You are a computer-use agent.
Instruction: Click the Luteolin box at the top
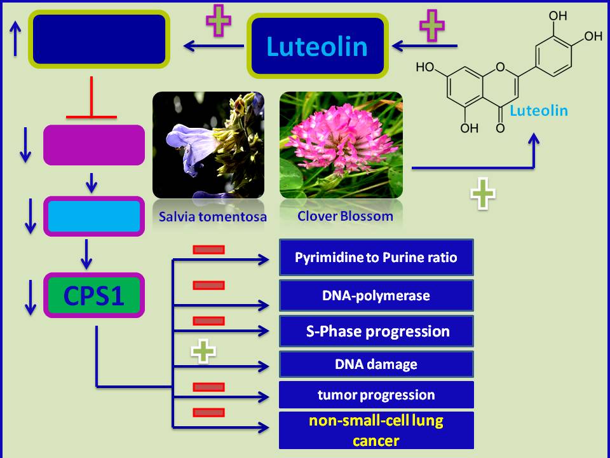(x=317, y=46)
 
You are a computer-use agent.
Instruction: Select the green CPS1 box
(x=93, y=296)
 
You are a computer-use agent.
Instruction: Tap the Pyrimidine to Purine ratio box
(x=376, y=258)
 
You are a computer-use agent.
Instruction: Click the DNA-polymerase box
(x=376, y=295)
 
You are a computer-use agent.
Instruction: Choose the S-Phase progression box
(x=376, y=331)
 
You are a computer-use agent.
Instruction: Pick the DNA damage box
(x=376, y=364)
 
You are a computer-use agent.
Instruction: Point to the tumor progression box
(x=376, y=394)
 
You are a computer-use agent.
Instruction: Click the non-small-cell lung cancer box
(x=376, y=430)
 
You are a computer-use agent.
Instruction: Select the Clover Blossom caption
(x=345, y=216)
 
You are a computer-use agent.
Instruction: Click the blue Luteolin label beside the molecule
(x=539, y=111)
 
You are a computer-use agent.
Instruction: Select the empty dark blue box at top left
(x=98, y=39)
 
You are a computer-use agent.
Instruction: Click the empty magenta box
(x=93, y=145)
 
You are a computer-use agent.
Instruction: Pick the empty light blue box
(x=93, y=216)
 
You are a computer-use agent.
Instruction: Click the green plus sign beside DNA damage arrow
(x=204, y=351)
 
